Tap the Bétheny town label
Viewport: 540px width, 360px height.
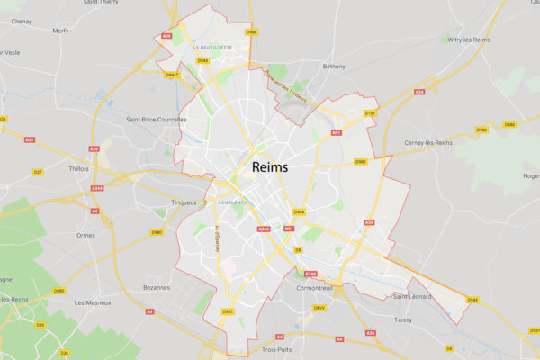coord(334,67)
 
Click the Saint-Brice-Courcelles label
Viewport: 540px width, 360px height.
coord(157,119)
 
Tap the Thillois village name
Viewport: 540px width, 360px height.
coord(79,167)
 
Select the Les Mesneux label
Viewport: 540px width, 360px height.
coord(93,302)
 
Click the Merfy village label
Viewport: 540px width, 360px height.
coord(60,30)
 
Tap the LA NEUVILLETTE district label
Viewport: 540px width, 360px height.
coord(212,45)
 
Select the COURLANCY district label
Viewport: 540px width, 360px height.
coord(232,202)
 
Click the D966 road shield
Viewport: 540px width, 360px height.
coord(251,32)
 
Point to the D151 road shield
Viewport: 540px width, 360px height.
coord(369,112)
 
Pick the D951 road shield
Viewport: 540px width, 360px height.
coord(228,311)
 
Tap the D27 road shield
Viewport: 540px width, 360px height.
coord(38,172)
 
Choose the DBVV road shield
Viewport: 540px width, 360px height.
coord(319,308)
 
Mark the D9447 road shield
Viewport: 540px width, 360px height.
coord(172,75)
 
